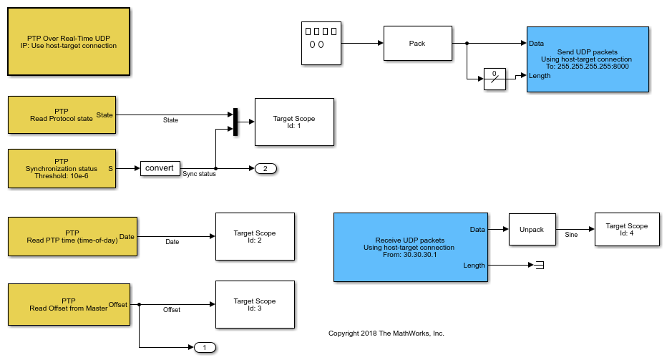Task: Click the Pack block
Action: coord(417,44)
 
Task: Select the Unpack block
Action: coord(532,230)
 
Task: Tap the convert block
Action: coord(160,168)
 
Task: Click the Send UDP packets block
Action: coord(588,59)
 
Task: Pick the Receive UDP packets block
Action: coord(410,247)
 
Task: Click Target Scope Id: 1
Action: coord(294,122)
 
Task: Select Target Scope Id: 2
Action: coord(255,236)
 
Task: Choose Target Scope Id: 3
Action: coord(255,305)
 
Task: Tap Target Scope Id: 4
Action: coord(626,230)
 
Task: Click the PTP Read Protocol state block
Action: coord(62,115)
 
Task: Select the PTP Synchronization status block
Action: coord(62,169)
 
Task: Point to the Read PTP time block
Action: coord(72,236)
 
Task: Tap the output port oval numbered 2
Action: coord(265,169)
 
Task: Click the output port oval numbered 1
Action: coord(205,348)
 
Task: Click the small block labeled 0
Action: coord(495,79)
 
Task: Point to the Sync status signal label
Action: coord(199,174)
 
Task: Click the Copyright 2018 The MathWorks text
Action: coord(386,334)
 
